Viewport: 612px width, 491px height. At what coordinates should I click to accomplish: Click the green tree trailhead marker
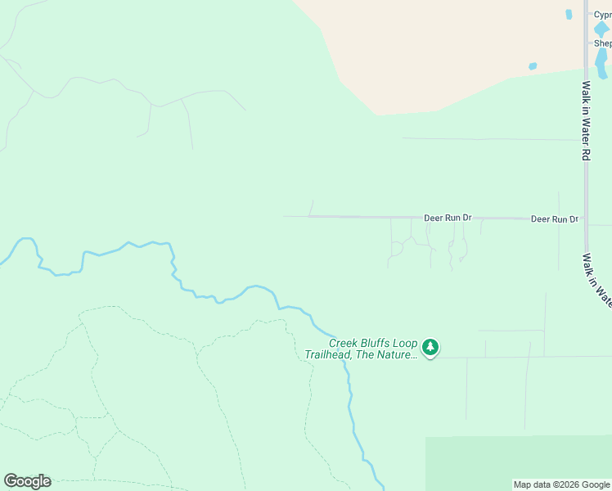(x=430, y=349)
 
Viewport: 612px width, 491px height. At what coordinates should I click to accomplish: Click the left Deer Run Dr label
(x=448, y=218)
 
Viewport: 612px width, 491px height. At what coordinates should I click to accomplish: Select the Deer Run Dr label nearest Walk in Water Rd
(x=554, y=219)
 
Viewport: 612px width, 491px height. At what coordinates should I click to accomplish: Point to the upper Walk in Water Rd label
(x=586, y=119)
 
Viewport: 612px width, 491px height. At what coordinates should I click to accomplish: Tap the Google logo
(x=27, y=481)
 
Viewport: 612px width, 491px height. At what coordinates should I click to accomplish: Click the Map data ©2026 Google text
(x=561, y=484)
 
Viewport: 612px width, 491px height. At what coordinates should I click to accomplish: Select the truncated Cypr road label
(x=602, y=15)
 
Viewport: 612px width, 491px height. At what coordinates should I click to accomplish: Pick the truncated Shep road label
(x=602, y=43)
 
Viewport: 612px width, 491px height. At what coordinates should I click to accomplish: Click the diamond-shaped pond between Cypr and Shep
(x=601, y=29)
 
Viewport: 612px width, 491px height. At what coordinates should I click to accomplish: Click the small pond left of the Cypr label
(x=569, y=14)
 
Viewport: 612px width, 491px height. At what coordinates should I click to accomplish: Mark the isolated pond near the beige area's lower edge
(x=533, y=66)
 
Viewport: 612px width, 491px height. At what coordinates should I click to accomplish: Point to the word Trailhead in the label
(x=330, y=355)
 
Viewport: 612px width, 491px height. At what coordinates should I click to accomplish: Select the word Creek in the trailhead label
(x=344, y=344)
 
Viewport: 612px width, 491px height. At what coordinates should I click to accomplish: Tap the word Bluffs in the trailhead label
(x=377, y=344)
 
